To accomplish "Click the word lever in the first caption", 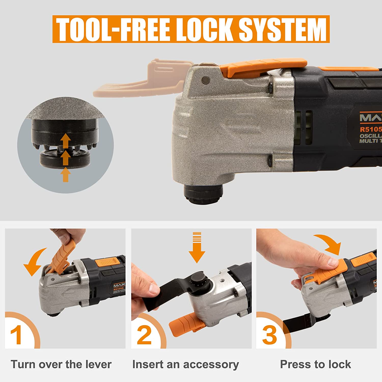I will coord(98,364).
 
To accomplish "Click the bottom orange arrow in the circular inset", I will coord(66,175).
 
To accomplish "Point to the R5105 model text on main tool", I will coord(371,129).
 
